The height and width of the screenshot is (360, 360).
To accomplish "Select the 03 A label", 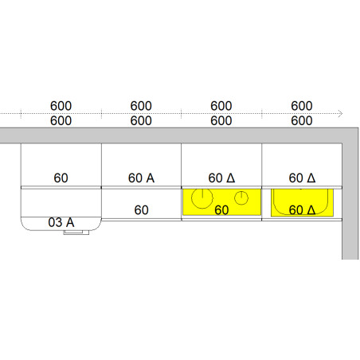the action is (61, 222).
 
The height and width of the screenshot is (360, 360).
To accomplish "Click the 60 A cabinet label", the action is (141, 178).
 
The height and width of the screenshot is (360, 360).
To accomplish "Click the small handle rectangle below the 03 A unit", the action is (76, 233).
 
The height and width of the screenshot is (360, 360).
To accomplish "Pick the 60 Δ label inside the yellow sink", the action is (302, 210).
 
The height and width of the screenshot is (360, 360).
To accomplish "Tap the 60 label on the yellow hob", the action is (221, 210).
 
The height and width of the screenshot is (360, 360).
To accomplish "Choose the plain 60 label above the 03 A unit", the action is (61, 178).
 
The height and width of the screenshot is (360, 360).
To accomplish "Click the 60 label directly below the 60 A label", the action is (141, 210).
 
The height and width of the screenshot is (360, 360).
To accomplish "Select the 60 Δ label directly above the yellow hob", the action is (221, 178).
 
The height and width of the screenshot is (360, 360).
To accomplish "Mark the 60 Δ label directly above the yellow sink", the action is (302, 178).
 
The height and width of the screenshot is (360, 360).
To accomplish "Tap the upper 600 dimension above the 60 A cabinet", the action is (141, 106).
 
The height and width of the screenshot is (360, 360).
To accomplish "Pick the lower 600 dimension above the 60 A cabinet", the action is (141, 121).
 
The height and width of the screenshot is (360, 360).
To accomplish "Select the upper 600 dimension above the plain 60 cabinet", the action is (61, 106).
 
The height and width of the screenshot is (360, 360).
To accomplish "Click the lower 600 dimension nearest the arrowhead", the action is (302, 121).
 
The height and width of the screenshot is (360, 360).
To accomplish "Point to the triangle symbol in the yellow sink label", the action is (311, 210).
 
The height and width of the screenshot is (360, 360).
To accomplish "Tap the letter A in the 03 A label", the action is (70, 222).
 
